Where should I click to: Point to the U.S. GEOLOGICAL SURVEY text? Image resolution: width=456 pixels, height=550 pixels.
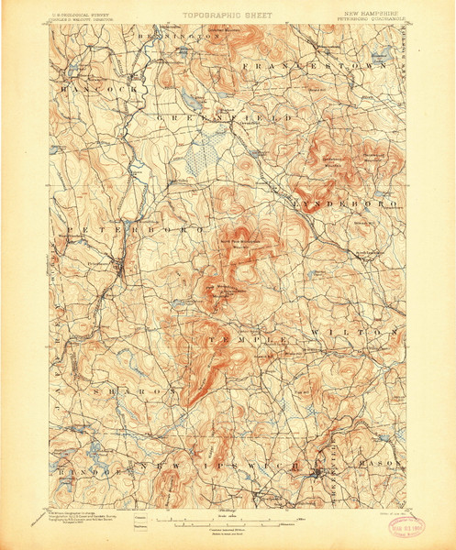88,14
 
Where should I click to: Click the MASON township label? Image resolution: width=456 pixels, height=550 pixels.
385,464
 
